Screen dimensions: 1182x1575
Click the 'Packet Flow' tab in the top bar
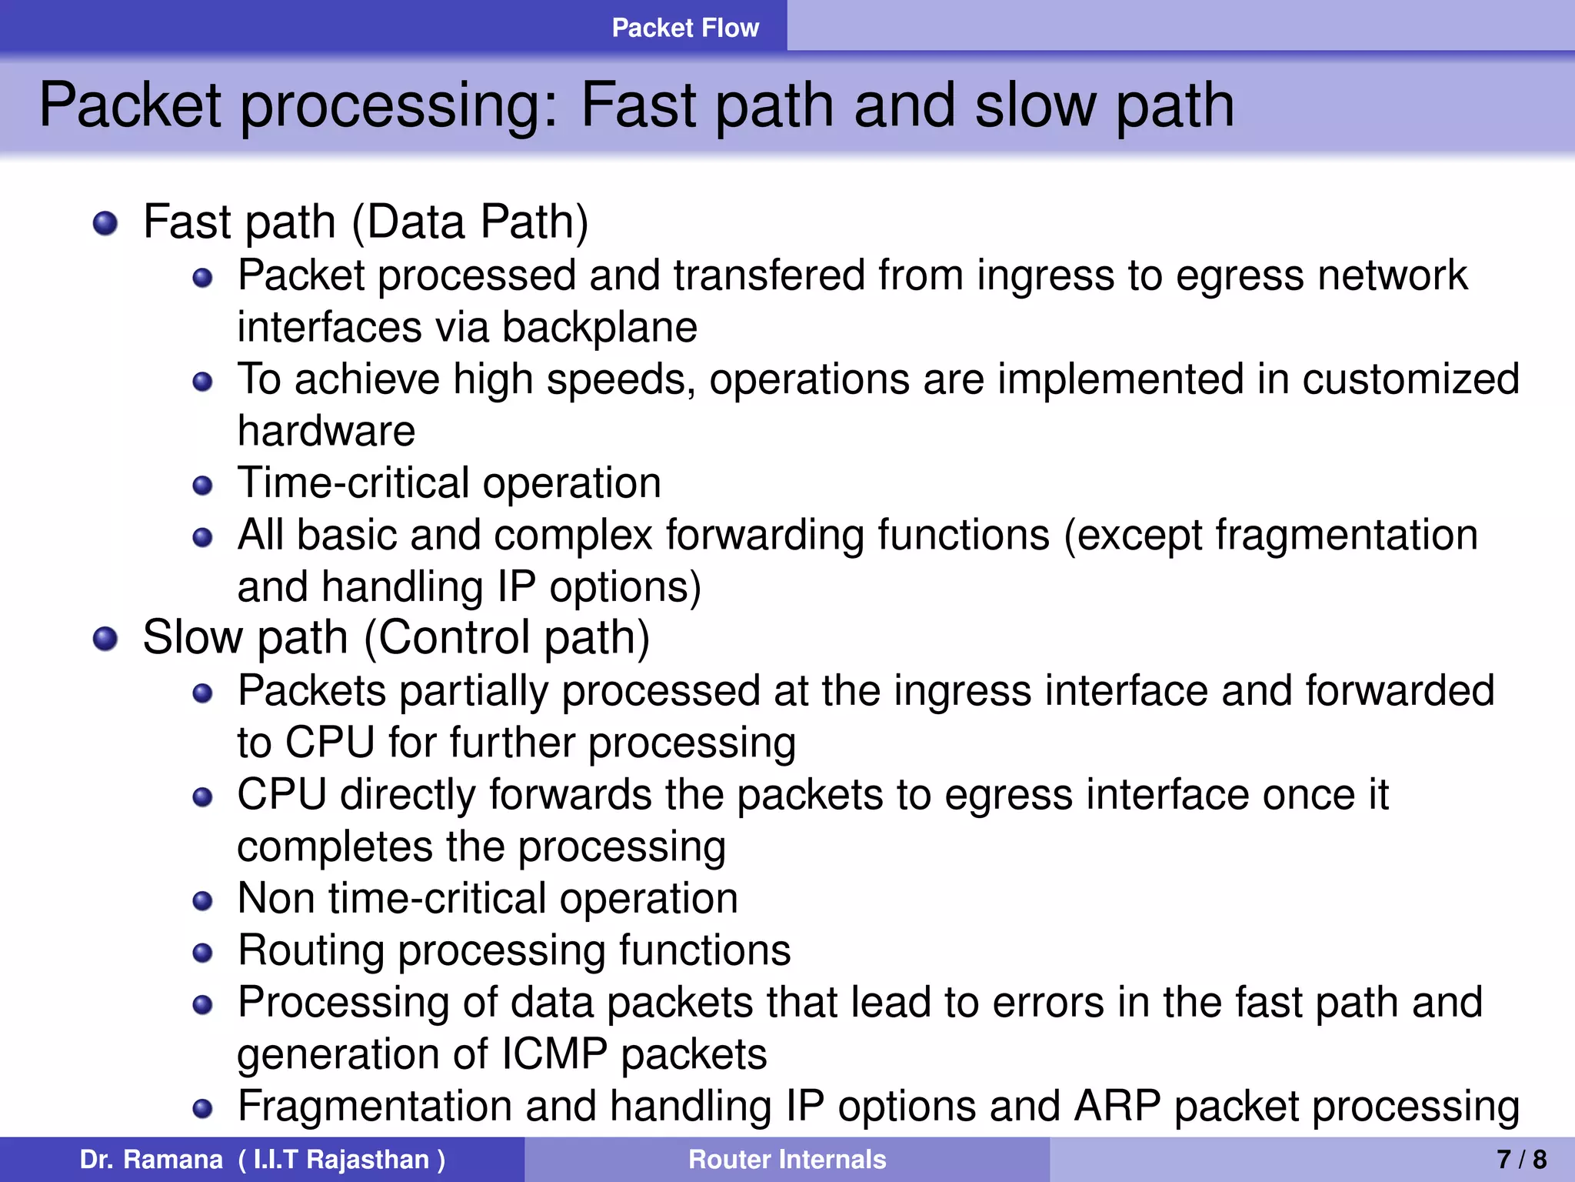pyautogui.click(x=684, y=28)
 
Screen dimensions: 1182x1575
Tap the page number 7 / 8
pyautogui.click(x=1521, y=1159)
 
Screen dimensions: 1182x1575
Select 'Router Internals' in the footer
pyautogui.click(x=787, y=1159)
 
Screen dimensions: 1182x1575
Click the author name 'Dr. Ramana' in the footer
pyautogui.click(x=151, y=1159)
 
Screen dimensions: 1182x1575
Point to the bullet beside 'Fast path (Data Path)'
pyautogui.click(x=105, y=224)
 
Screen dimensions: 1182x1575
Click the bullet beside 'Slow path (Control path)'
pyautogui.click(x=105, y=639)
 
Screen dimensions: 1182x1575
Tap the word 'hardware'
pyautogui.click(x=326, y=431)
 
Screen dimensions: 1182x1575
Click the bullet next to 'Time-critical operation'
pyautogui.click(x=202, y=486)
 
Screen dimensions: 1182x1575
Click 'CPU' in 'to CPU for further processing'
pyautogui.click(x=330, y=743)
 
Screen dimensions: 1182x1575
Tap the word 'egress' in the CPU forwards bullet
pyautogui.click(x=1007, y=795)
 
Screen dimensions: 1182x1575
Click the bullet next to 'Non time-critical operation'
pyautogui.click(x=202, y=901)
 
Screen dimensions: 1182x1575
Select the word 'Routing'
pyautogui.click(x=311, y=950)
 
